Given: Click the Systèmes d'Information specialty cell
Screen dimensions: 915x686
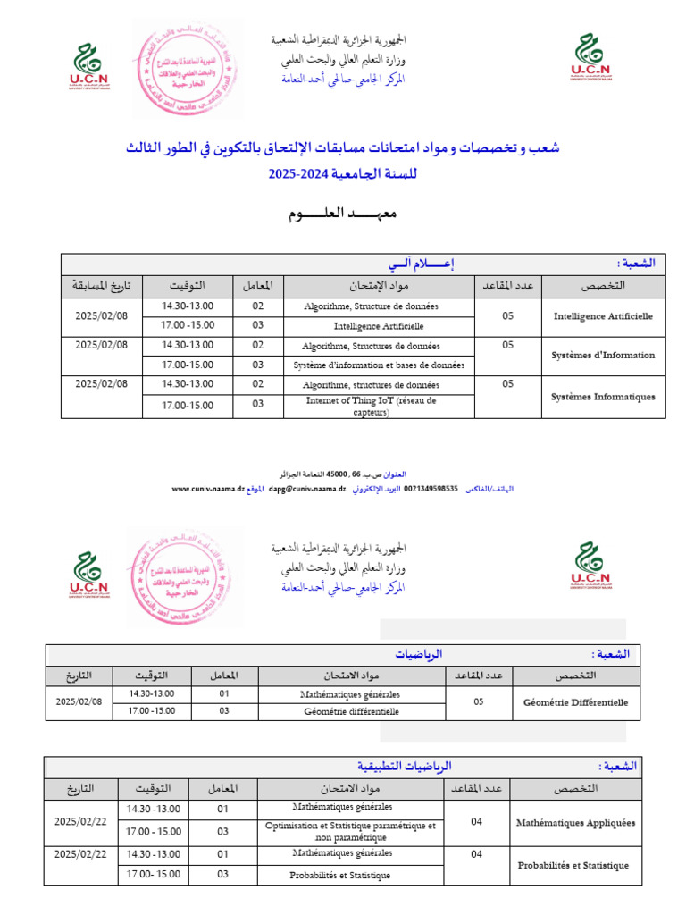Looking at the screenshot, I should pos(603,355).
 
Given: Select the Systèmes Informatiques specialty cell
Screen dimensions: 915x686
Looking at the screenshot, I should pos(603,397).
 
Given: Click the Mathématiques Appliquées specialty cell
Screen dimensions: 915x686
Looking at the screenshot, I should pos(575,823).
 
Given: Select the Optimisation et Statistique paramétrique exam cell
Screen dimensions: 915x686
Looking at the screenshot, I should pos(350,832).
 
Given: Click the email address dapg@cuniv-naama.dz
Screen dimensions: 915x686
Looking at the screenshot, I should pos(307,490).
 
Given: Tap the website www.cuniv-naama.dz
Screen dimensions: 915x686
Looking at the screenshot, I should pos(207,490).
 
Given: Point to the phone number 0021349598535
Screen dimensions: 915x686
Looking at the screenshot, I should pos(431,490).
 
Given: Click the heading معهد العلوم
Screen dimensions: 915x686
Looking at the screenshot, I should pos(342,214).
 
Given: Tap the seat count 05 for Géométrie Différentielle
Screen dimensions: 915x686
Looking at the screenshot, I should pos(478,702).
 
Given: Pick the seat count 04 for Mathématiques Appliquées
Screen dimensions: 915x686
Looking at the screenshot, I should pos(476,822).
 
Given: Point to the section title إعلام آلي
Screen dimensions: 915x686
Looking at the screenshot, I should pos(419,264).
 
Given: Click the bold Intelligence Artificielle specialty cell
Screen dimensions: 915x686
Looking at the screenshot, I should pos(603,316).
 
